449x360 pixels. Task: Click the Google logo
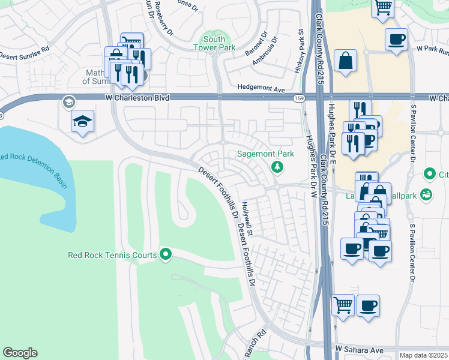point(20,353)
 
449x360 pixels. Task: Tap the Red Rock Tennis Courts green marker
point(166,255)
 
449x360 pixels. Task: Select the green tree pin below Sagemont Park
point(277,166)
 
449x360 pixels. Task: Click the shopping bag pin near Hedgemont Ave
point(347,61)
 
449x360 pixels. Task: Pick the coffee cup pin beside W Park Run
point(396,40)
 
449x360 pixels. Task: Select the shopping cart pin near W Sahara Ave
point(342,305)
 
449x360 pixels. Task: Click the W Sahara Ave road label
point(359,349)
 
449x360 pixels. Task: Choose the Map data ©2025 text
point(423,355)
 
